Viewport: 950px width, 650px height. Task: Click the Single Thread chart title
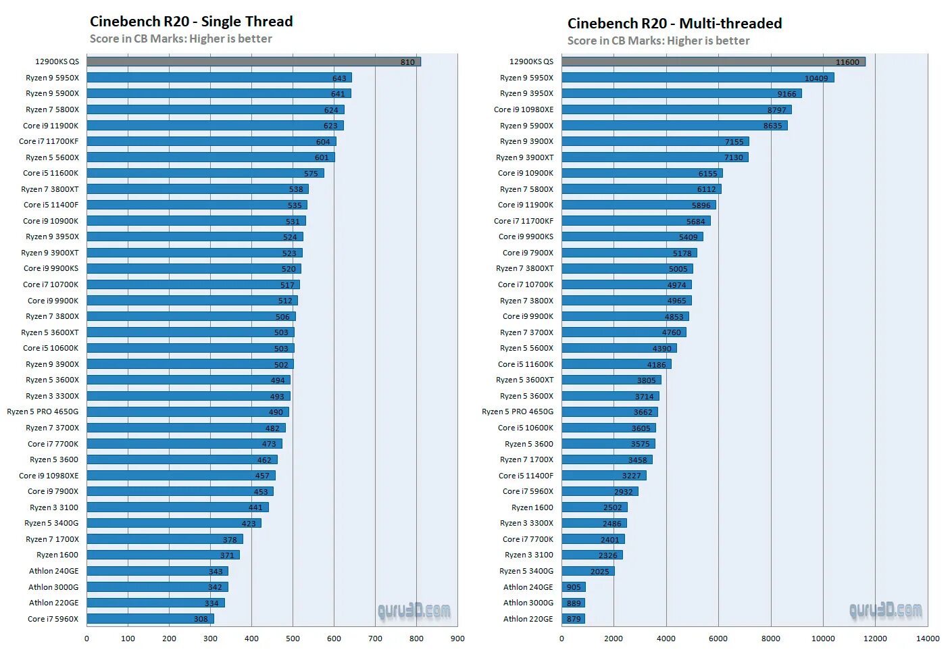[191, 22]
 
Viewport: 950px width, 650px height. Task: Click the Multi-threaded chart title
[674, 24]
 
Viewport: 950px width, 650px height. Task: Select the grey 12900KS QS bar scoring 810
[253, 61]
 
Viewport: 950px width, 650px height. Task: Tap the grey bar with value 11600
[713, 61]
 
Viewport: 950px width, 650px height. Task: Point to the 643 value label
[339, 78]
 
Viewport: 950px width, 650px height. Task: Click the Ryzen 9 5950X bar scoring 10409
[697, 78]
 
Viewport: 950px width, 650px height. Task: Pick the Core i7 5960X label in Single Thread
[53, 619]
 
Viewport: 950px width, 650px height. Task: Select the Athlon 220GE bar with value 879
[573, 619]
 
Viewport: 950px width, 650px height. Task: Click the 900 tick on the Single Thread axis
[457, 639]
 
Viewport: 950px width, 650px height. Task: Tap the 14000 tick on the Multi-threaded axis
[928, 639]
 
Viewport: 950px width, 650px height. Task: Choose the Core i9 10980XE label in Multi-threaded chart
[524, 109]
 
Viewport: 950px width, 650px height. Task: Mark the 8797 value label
[776, 110]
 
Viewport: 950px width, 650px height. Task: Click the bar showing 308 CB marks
[150, 619]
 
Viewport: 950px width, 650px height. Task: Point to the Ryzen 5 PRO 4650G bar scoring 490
[188, 412]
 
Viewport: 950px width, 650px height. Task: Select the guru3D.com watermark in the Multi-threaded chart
[885, 611]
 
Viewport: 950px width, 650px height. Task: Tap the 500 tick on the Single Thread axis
[293, 639]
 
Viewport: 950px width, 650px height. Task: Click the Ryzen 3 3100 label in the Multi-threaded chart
[529, 555]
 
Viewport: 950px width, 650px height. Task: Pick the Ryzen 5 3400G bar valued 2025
[588, 571]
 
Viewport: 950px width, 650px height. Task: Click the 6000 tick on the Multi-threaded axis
[718, 639]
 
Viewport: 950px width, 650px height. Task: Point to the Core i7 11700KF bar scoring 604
[211, 141]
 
